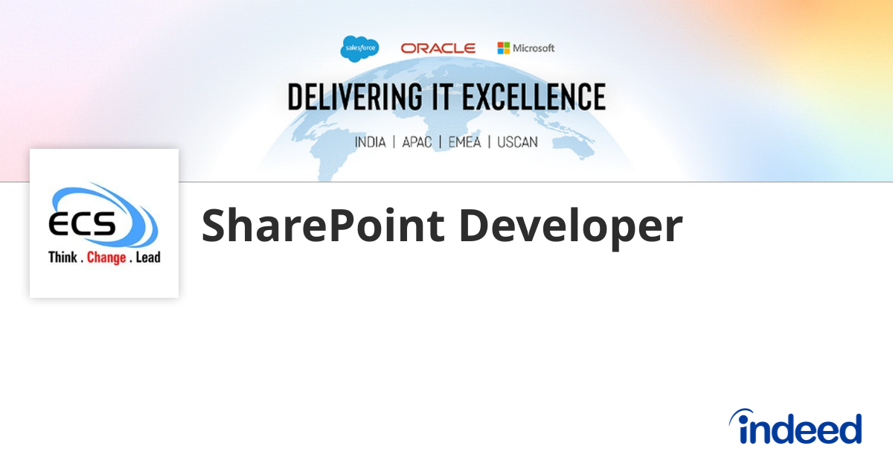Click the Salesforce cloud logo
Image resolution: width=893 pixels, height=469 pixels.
[359, 48]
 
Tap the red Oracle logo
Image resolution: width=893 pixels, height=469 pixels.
[438, 48]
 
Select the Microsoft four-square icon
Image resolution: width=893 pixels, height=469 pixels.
[504, 48]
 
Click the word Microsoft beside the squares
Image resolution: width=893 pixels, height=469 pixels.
[534, 48]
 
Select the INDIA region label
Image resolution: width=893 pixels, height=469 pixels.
[370, 142]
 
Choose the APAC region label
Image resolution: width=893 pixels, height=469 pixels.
[417, 142]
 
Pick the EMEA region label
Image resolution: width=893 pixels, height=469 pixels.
[464, 142]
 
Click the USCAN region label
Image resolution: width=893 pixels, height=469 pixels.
[517, 142]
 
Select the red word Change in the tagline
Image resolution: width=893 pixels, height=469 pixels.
[106, 258]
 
